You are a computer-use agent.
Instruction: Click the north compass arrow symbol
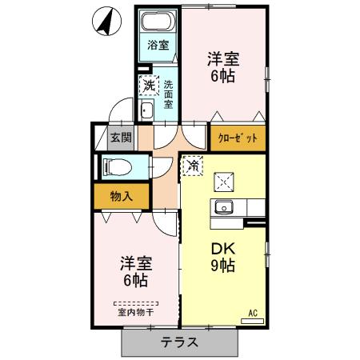pos(104,22)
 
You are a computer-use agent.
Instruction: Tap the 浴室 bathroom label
pos(158,46)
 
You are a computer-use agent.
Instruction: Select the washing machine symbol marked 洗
pos(148,83)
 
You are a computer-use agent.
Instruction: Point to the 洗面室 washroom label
pos(169,93)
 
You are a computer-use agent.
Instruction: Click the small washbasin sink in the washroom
pos(146,110)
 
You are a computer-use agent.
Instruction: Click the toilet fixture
pos(117,167)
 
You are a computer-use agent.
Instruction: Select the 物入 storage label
pos(122,195)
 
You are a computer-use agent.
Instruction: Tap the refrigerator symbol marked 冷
pos(193,166)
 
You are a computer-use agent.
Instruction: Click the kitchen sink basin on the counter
pos(223,208)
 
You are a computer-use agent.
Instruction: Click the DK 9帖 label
pos(222,258)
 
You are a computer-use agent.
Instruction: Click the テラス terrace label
pos(182,342)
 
